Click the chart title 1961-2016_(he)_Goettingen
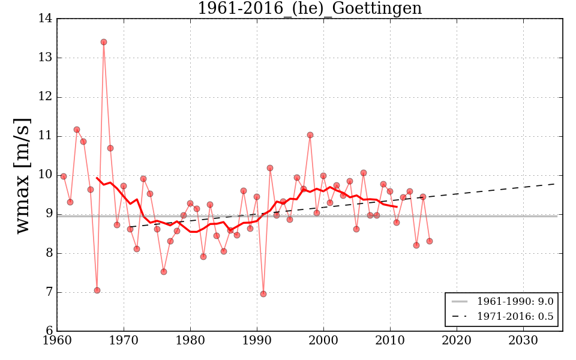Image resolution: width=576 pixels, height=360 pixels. [x=310, y=8]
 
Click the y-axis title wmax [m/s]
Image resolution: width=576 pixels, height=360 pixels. [x=22, y=175]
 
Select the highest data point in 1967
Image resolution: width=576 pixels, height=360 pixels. [x=104, y=42]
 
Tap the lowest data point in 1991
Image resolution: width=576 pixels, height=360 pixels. [x=263, y=294]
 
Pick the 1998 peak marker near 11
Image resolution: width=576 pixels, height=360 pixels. [x=310, y=135]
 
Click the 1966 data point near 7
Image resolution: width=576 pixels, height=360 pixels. [x=97, y=290]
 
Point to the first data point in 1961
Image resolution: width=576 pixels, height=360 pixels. [x=64, y=176]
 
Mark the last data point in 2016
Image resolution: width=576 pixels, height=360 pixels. [x=430, y=241]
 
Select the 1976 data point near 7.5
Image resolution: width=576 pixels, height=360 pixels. [x=164, y=272]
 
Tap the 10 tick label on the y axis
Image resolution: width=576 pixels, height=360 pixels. [x=45, y=175]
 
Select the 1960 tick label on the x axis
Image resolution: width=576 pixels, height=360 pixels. [x=57, y=341]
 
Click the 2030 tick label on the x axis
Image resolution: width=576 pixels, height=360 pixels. [x=523, y=341]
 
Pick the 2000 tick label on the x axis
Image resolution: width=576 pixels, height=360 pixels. [x=323, y=341]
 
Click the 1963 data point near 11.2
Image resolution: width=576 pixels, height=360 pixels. [x=77, y=130]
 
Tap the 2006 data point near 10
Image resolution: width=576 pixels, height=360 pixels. [x=364, y=173]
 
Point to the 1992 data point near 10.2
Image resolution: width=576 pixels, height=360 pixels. [x=270, y=168]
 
